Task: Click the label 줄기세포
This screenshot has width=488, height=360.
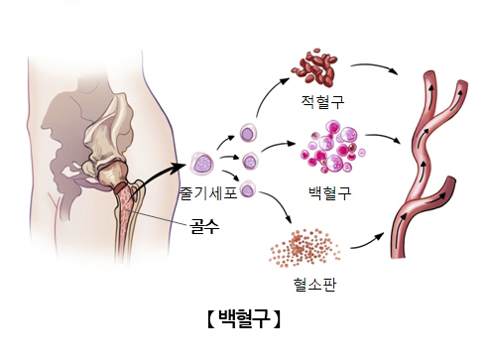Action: pos(208,192)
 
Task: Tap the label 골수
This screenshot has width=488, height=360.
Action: pos(205,226)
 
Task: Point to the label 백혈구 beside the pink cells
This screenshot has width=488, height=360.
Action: pos(330,192)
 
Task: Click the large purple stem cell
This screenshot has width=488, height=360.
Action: pos(204,162)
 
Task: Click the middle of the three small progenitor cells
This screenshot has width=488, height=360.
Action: pos(252,160)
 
